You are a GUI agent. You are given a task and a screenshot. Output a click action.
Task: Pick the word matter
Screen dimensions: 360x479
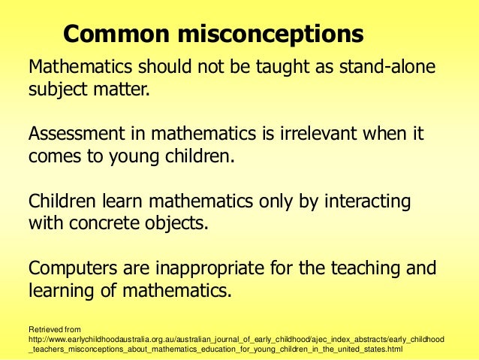(122, 92)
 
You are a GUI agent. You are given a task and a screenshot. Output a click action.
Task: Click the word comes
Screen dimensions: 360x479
(53, 157)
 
